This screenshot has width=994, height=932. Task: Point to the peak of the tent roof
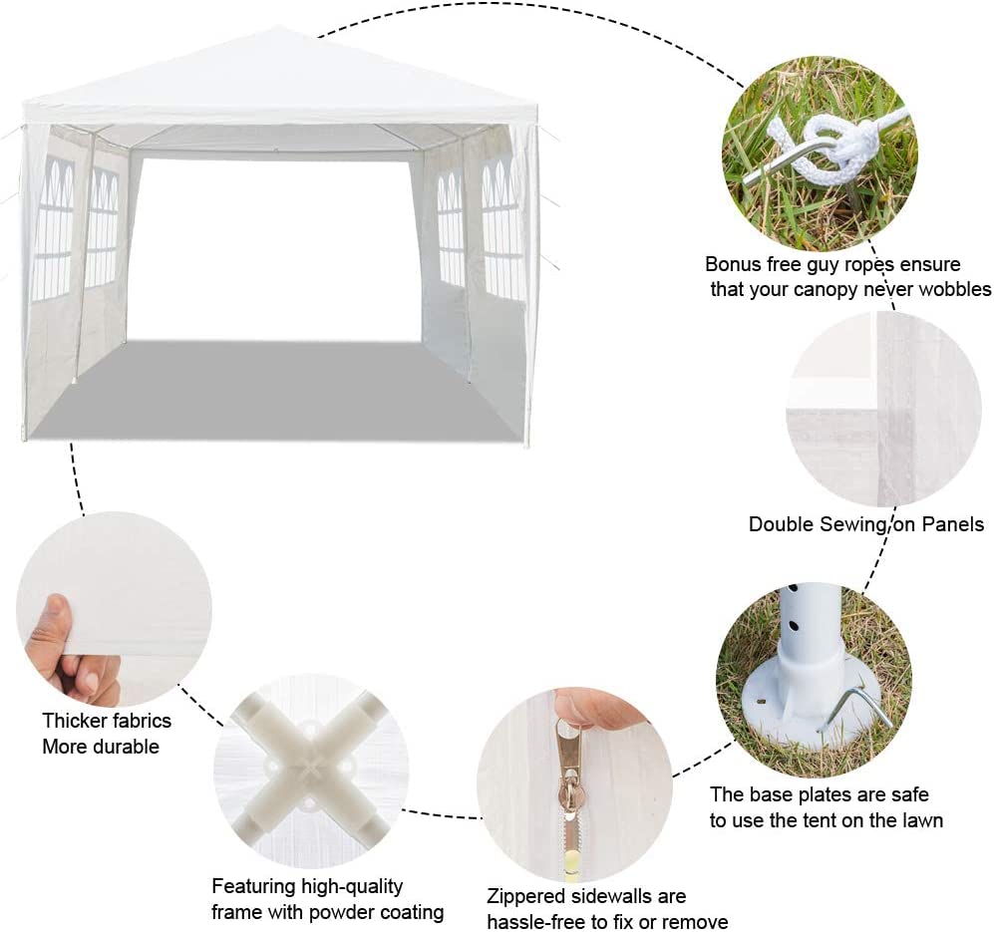click(x=277, y=27)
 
